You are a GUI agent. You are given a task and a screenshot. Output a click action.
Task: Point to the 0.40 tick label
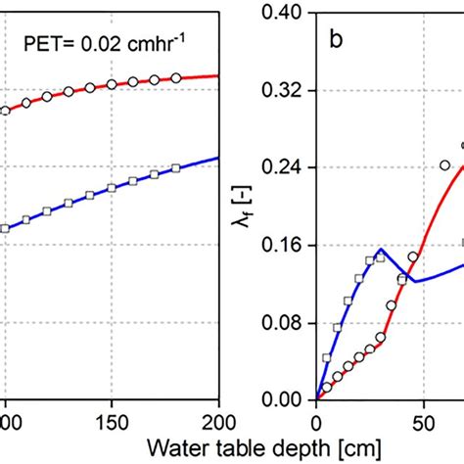point(284,14)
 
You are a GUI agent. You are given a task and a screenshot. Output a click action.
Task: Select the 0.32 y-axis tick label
point(284,90)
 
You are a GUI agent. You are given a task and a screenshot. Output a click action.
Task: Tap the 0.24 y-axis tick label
point(284,167)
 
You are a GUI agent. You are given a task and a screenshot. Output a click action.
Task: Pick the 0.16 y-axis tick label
point(284,245)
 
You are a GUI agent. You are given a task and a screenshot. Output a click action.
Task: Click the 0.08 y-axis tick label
point(284,322)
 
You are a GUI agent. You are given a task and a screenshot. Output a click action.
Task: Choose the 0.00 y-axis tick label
point(284,399)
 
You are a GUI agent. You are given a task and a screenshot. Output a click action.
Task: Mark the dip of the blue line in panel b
point(413,282)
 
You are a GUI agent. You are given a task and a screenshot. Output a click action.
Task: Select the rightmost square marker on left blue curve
point(175,168)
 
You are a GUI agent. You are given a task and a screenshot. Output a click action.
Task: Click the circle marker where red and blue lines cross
point(413,257)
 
